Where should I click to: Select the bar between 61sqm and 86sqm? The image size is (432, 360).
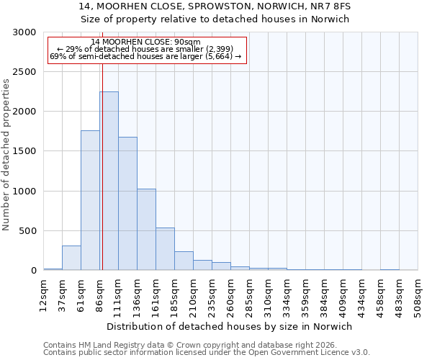pyautogui.click(x=90, y=200)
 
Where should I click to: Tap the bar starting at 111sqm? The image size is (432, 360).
pyautogui.click(x=127, y=204)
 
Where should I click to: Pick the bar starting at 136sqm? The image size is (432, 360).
pyautogui.click(x=146, y=229)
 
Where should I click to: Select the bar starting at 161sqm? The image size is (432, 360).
pyautogui.click(x=165, y=248)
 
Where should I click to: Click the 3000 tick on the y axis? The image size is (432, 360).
pyautogui.click(x=24, y=32)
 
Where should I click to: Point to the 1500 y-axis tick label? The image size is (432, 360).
pyautogui.click(x=24, y=151)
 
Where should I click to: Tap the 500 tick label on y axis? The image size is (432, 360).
pyautogui.click(x=27, y=231)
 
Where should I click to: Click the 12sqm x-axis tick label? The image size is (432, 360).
pyautogui.click(x=43, y=292)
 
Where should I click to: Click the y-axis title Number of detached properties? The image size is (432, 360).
pyautogui.click(x=6, y=155)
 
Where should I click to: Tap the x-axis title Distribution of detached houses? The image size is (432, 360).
pyautogui.click(x=230, y=326)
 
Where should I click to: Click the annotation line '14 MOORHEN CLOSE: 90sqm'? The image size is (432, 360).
pyautogui.click(x=146, y=42)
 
